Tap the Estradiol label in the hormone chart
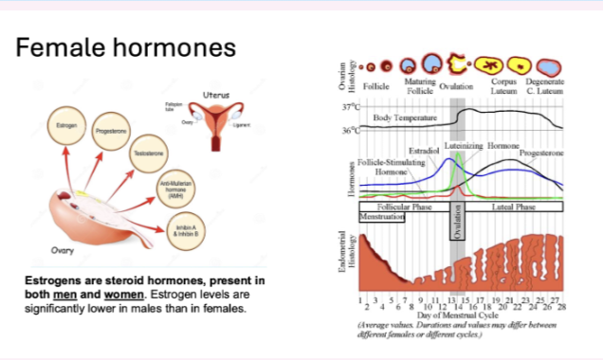click(x=422, y=151)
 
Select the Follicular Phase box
click(x=406, y=207)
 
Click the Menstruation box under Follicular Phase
click(x=381, y=217)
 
